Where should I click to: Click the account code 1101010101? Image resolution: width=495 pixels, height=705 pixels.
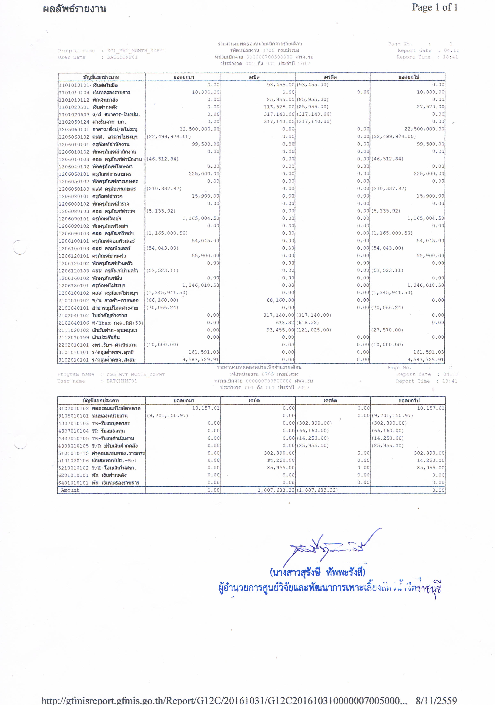click(x=74, y=85)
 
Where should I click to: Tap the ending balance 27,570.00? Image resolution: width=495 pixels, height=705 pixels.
click(x=430, y=107)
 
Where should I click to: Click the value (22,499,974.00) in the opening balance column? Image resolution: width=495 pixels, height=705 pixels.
click(x=168, y=137)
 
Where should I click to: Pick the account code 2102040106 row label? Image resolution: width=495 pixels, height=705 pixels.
click(x=74, y=323)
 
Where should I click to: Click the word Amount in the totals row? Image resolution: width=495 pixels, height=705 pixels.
click(x=70, y=490)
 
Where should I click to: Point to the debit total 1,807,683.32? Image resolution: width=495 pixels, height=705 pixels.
click(x=276, y=490)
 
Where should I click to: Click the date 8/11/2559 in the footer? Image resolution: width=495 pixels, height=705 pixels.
click(x=436, y=700)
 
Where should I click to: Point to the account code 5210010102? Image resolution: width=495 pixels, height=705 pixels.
click(x=74, y=468)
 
